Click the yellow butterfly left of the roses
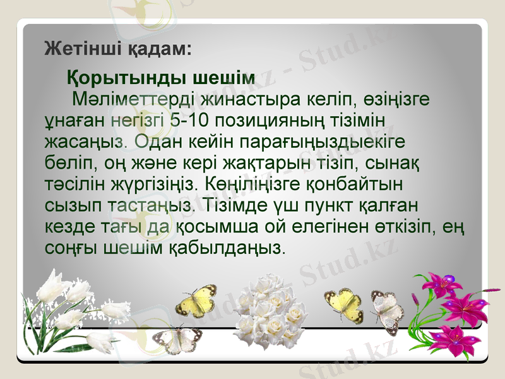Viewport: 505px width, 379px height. tap(196, 301)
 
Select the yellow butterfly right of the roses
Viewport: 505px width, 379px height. tap(344, 305)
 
